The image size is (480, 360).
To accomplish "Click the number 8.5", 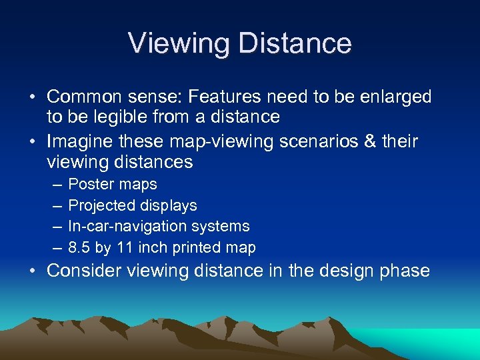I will click(79, 248).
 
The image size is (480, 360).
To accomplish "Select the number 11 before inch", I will click(124, 248).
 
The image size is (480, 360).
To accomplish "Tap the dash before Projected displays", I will click(56, 205).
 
